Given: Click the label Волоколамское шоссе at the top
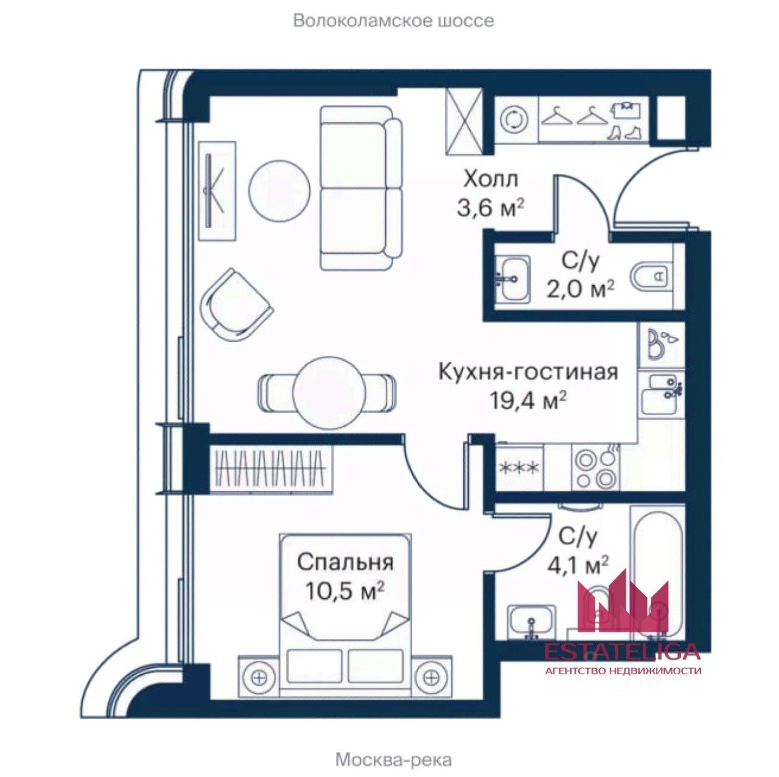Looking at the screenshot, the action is click(393, 21).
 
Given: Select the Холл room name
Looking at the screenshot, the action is click(491, 179).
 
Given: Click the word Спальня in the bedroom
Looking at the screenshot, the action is click(345, 562).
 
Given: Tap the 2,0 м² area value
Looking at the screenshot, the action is click(578, 289).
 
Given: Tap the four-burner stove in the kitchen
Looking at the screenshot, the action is click(594, 470).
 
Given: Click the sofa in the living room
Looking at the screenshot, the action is click(361, 188).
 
